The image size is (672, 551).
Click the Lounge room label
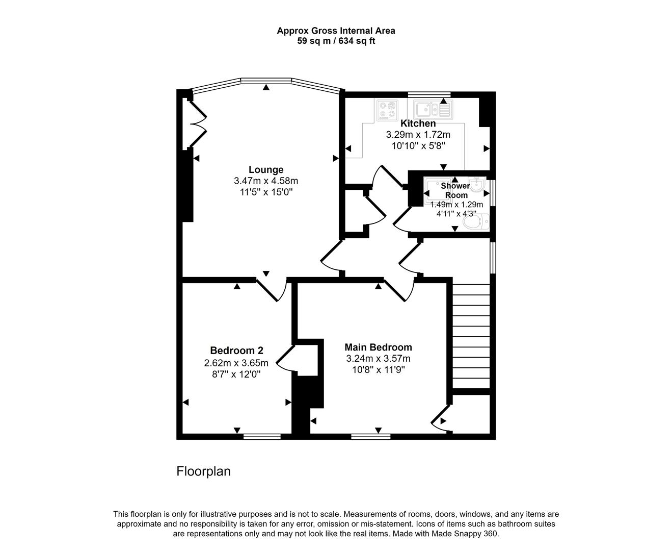[266, 170]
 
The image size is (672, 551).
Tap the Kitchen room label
[418, 123]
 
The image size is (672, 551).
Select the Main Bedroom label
[378, 347]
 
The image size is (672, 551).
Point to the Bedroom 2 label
[236, 350]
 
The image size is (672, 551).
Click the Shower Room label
[455, 190]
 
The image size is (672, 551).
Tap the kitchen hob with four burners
[387, 110]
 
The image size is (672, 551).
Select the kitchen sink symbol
[432, 109]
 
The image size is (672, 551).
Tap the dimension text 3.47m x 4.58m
[266, 181]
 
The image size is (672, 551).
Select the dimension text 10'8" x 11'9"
[378, 370]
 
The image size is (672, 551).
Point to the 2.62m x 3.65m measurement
[236, 363]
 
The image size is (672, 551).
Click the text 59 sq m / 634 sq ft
[336, 41]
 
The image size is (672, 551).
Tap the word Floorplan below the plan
[203, 471]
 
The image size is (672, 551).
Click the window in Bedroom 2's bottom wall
[262, 437]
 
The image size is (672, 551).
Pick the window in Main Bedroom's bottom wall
[371, 437]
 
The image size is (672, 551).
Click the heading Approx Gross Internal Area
[336, 31]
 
